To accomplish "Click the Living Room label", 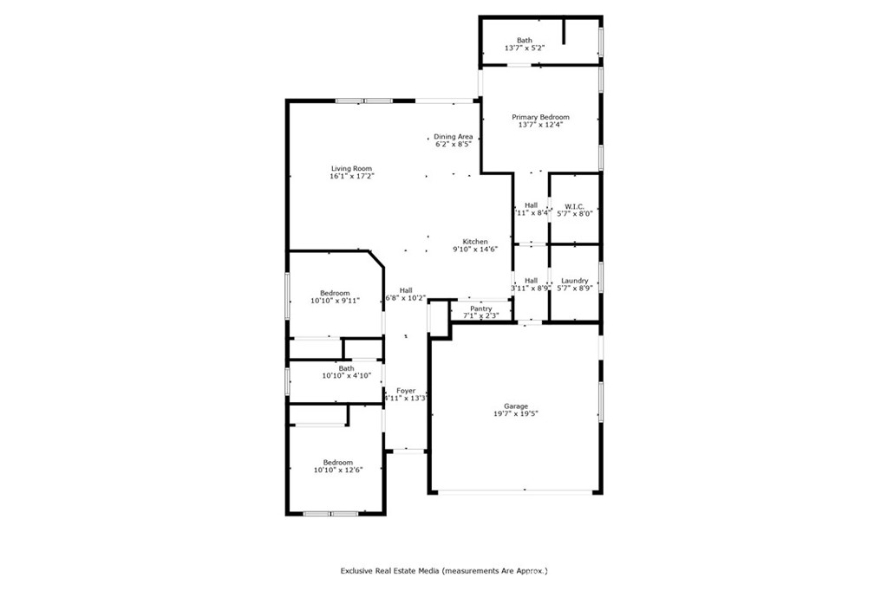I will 351,168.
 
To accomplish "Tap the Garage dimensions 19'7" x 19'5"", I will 516,414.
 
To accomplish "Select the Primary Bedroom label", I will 540,117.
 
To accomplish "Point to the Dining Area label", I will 454,136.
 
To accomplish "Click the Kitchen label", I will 474,242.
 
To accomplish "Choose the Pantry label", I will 480,308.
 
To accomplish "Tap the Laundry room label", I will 575,281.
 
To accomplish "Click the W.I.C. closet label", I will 575,206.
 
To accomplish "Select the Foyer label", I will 406,391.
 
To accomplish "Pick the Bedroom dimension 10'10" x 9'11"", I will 335,301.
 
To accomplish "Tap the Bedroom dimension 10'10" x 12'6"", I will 337,470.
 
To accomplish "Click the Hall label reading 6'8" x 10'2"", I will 406,298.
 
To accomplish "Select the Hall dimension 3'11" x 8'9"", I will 531,288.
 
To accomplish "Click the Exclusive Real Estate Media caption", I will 444,571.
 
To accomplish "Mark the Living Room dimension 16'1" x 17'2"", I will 351,176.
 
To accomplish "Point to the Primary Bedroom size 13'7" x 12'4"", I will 540,125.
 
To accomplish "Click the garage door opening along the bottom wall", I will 517,492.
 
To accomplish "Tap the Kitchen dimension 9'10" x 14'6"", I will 474,250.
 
